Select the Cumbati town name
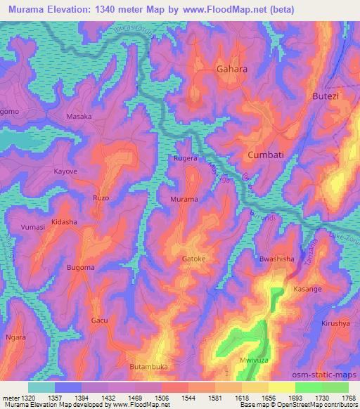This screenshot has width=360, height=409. click(x=265, y=154)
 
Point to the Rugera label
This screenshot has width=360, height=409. click(x=186, y=159)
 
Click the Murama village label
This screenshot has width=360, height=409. click(x=184, y=200)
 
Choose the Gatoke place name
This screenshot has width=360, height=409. click(x=194, y=259)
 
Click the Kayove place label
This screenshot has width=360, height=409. click(x=67, y=171)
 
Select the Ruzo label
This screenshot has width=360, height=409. click(x=101, y=198)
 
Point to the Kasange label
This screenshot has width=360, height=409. click(x=307, y=289)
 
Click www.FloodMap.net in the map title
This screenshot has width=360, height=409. click(x=217, y=10)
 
